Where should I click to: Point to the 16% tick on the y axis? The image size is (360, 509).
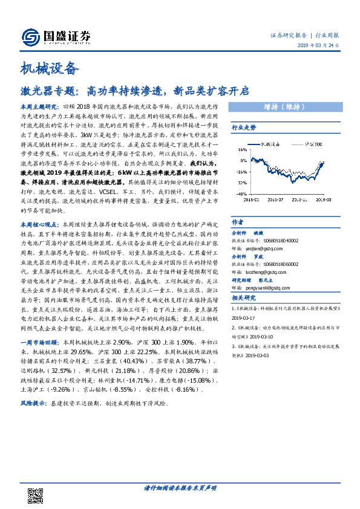tap(241, 151)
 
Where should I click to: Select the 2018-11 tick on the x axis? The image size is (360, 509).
tap(301, 197)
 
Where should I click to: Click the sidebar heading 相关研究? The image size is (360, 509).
tap(244, 298)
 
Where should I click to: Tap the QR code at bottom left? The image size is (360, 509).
tap(36, 496)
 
